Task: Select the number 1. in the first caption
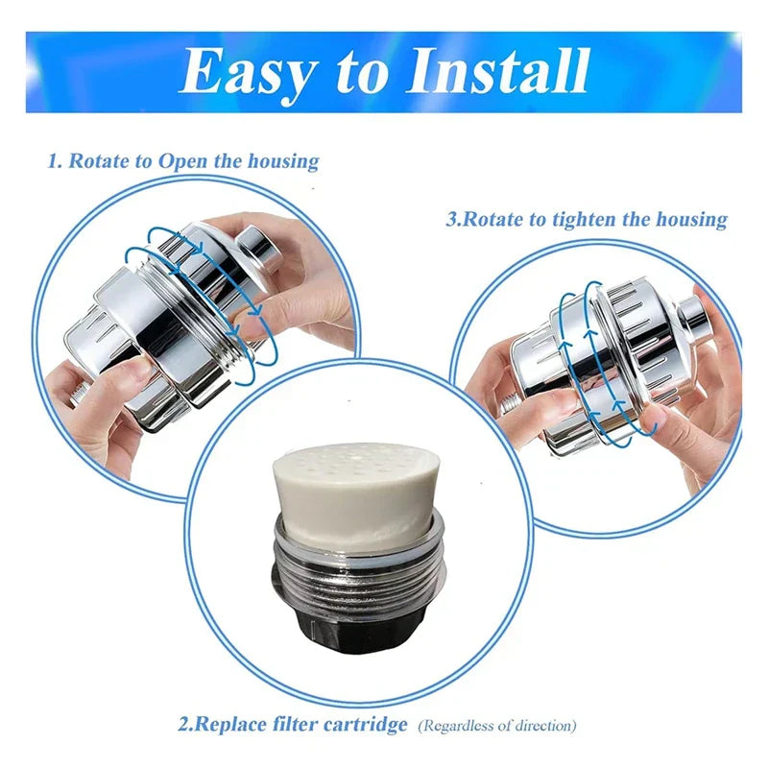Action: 56,160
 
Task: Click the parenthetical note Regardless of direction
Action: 497,726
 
